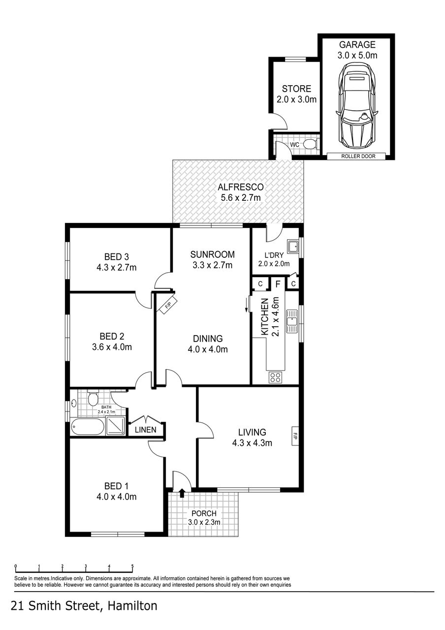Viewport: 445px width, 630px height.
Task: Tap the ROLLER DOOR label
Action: coord(357,157)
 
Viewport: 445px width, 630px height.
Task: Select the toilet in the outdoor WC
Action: coord(310,144)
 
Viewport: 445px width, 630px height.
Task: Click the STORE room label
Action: coord(296,89)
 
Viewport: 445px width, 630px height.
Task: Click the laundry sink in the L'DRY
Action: coord(293,246)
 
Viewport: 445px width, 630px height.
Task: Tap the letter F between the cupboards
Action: coord(278,284)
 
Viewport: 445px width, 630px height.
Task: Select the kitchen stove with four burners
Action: coord(276,378)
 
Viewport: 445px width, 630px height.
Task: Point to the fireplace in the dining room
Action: coord(167,306)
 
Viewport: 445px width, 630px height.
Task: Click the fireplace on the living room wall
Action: coord(295,436)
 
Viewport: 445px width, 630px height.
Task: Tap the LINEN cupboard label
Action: coord(146,430)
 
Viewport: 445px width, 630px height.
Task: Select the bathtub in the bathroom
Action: coord(87,426)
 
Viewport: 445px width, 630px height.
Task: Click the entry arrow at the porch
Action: coord(182,492)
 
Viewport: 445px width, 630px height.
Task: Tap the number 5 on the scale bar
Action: coord(132,566)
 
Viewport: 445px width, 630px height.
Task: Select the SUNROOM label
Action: coord(213,254)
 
